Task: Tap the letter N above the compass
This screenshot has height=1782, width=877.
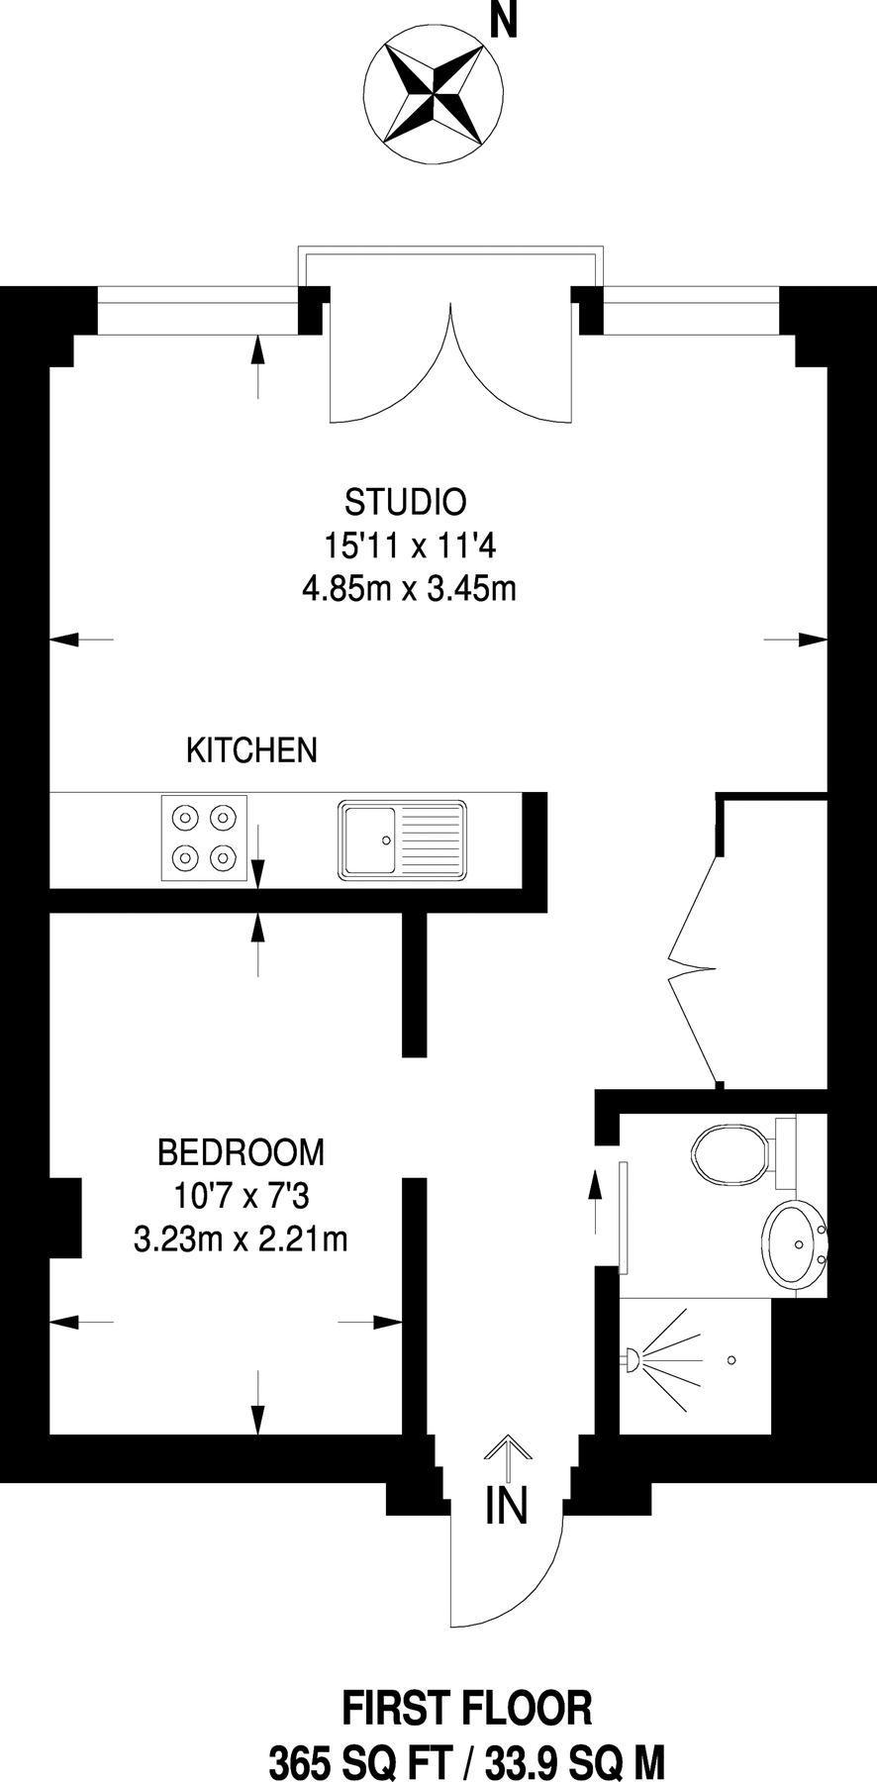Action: [504, 22]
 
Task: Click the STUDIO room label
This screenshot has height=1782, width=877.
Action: [405, 502]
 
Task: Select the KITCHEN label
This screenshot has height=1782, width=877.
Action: [252, 750]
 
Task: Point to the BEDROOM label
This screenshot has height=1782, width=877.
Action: [241, 1152]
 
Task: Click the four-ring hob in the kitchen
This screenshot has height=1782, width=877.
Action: [205, 838]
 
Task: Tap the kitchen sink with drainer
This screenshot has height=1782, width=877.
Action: [403, 840]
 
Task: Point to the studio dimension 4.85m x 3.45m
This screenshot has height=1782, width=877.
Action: [409, 590]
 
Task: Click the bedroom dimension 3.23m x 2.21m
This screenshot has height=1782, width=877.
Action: [241, 1238]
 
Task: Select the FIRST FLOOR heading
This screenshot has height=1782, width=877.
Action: [467, 1710]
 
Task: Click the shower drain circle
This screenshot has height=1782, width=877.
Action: [731, 1359]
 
